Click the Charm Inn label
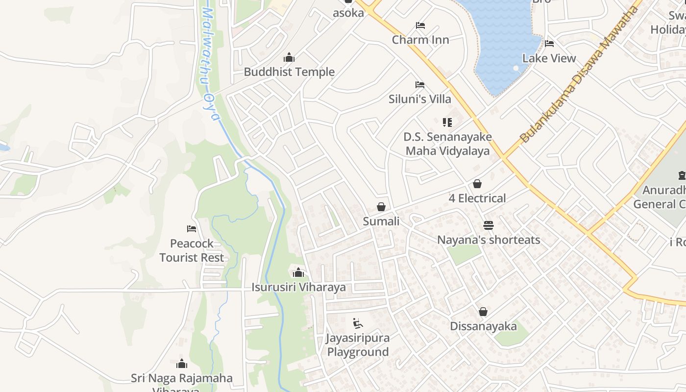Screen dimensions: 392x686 click(x=420, y=40)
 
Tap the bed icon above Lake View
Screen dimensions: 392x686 click(x=549, y=44)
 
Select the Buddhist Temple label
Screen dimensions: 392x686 click(x=289, y=72)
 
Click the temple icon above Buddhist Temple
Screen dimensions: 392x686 click(x=289, y=58)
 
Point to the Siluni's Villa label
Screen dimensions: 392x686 click(x=419, y=99)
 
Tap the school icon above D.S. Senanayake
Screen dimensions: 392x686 click(x=447, y=122)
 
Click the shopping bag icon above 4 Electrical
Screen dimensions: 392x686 click(x=477, y=184)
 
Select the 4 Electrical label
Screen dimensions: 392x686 click(x=477, y=198)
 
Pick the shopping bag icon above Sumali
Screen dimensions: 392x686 click(x=381, y=207)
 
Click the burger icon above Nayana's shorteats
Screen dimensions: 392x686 click(x=489, y=225)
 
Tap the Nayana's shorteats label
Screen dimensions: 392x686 click(x=489, y=240)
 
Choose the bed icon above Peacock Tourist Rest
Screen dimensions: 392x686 click(x=192, y=229)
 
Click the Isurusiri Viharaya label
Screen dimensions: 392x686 click(x=298, y=288)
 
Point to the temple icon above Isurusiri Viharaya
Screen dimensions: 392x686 click(x=298, y=273)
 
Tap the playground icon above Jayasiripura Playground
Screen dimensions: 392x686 click(x=358, y=323)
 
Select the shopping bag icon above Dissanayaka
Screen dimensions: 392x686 click(x=483, y=312)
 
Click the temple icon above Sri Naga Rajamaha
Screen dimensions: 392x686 click(x=182, y=364)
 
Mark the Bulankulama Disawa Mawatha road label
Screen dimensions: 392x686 click(x=580, y=73)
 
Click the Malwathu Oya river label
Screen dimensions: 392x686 click(x=210, y=64)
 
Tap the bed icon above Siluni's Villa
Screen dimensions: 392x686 click(x=419, y=85)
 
